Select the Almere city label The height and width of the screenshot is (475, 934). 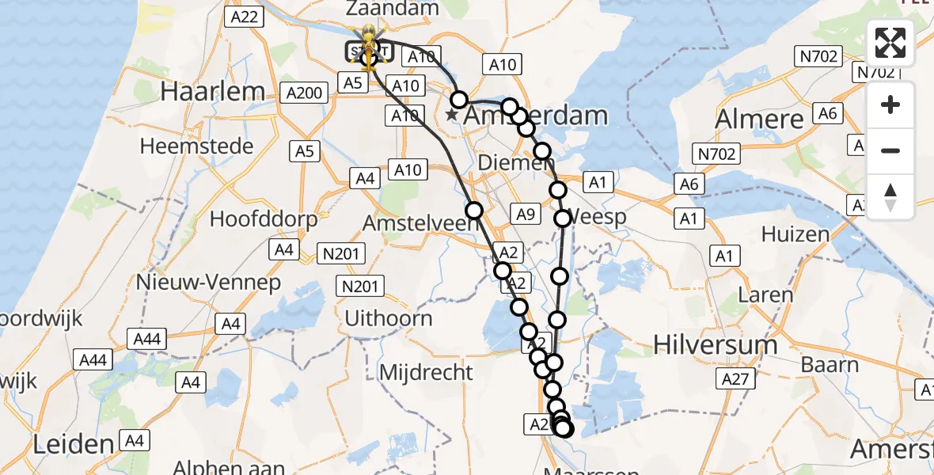click(x=758, y=120)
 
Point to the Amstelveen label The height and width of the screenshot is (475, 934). click(x=420, y=224)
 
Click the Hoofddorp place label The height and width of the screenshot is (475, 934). click(x=264, y=218)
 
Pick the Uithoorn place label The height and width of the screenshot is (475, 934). click(x=389, y=319)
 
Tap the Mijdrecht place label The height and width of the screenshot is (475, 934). click(x=427, y=371)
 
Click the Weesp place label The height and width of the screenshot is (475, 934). click(x=599, y=217)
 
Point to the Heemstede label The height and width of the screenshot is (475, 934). click(x=196, y=146)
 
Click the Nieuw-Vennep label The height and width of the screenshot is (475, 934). click(x=208, y=282)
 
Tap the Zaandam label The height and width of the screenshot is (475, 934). click(x=392, y=9)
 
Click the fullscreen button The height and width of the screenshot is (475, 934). click(x=890, y=43)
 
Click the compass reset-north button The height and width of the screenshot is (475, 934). click(x=890, y=197)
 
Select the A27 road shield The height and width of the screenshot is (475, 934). click(x=735, y=380)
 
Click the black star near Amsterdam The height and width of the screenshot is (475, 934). click(x=451, y=116)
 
